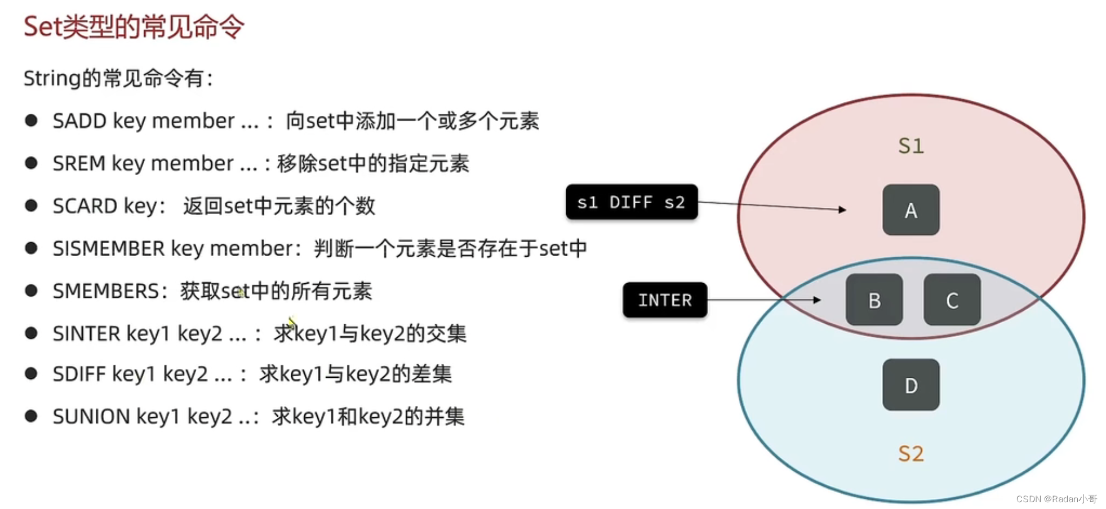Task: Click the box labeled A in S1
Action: point(910,210)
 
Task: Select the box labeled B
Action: point(874,300)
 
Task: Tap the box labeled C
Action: point(952,300)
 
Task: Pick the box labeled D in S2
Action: point(910,385)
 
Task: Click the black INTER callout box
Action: point(665,300)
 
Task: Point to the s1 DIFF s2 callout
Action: point(631,202)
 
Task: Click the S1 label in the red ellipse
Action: point(910,146)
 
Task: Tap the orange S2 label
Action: point(910,454)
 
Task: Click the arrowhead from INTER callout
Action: point(818,300)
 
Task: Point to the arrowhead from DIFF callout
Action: point(843,209)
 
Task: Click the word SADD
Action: point(79,121)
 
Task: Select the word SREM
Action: point(79,164)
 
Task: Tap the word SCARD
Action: point(85,206)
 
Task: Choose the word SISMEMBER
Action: point(108,248)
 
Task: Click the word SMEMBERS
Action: point(105,291)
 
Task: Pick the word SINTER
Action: point(86,334)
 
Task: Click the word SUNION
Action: point(91,417)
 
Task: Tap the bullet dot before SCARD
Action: point(31,206)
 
